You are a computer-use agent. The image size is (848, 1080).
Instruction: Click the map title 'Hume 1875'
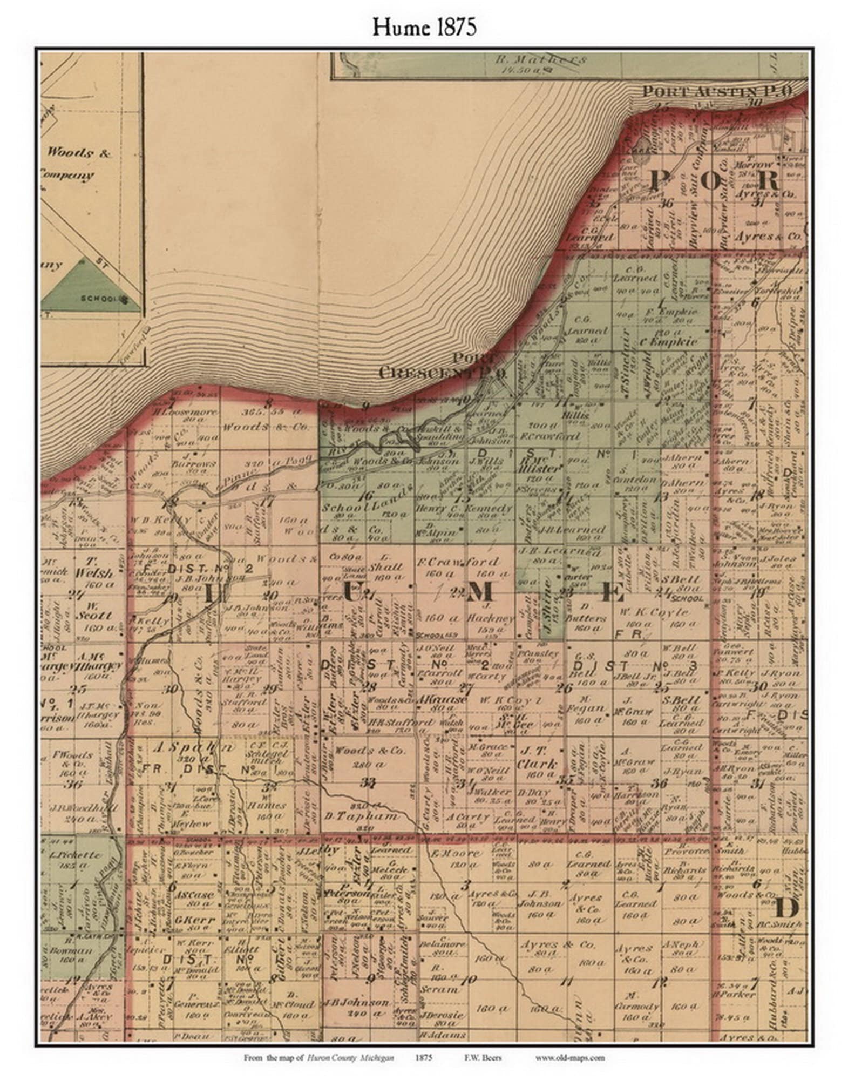coord(424,27)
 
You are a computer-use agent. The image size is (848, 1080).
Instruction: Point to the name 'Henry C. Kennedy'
coord(465,509)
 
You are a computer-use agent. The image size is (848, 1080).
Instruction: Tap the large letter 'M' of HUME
coord(479,592)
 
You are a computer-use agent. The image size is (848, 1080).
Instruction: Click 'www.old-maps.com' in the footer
coord(570,1057)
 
